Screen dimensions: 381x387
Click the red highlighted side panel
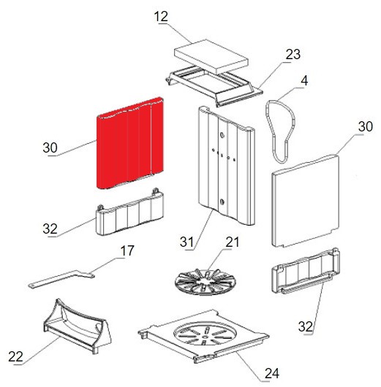[129, 143]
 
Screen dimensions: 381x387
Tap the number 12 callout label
[161, 17]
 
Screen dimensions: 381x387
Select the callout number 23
[293, 54]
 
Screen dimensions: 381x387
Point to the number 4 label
[304, 81]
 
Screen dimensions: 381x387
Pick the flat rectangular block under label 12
[211, 56]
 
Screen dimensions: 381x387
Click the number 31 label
[186, 242]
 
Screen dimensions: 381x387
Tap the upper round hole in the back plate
[222, 135]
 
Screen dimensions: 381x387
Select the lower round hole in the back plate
[222, 202]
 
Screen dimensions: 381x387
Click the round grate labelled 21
[205, 282]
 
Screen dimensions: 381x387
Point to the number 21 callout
[232, 242]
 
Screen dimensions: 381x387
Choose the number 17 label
[127, 250]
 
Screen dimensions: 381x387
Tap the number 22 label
[15, 356]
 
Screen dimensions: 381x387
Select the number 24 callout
[272, 373]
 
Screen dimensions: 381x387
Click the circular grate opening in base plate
[205, 333]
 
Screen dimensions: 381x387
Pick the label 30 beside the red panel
[50, 147]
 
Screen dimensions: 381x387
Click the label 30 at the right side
[365, 126]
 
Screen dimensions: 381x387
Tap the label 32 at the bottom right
[306, 326]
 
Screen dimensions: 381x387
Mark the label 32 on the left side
[50, 229]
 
